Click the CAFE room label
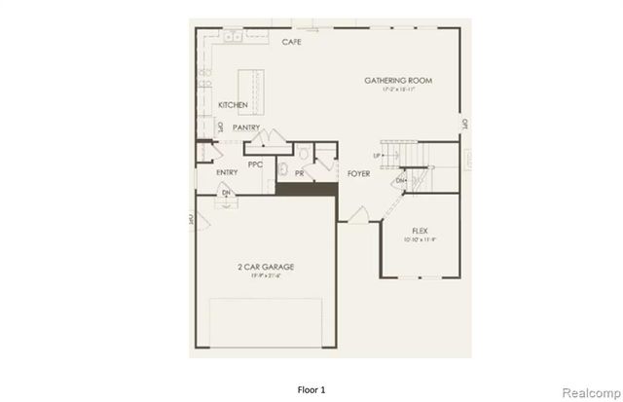click(290, 43)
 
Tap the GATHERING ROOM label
click(398, 80)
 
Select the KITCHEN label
click(233, 105)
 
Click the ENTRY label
click(227, 173)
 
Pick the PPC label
click(256, 164)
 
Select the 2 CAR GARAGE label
click(266, 266)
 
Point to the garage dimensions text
click(266, 277)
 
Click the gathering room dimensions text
click(398, 90)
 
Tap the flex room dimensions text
click(421, 239)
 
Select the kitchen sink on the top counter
click(234, 38)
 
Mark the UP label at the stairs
click(376, 156)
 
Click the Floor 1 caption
click(311, 389)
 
